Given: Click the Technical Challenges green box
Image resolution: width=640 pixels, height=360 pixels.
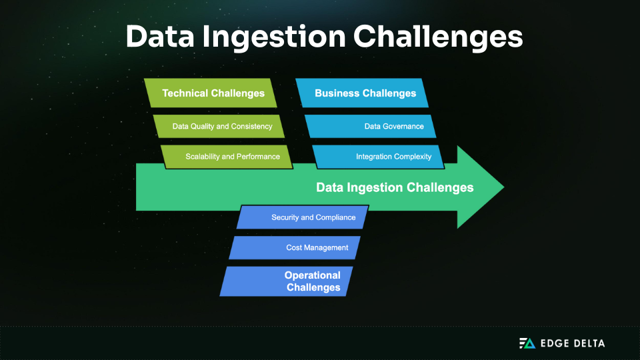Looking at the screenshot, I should pos(213,93).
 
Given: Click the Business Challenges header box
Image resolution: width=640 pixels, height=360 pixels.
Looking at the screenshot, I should pos(365,93).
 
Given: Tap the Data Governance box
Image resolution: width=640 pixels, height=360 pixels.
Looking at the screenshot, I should pos(370,126).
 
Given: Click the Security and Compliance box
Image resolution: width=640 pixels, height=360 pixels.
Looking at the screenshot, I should pos(303,217).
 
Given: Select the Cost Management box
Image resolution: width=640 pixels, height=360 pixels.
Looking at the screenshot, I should pos(295,248).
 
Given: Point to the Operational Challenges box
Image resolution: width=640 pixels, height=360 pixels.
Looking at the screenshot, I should pos(287,281).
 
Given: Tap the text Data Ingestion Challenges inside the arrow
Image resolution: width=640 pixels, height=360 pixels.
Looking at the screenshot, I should pos(395,187).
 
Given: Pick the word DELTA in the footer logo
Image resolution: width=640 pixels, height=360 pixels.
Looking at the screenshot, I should pos(589,343).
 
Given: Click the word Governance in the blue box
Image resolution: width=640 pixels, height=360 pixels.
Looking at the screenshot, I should pos(403,126).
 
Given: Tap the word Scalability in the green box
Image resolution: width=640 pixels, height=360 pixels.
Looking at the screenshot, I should pos(203,157).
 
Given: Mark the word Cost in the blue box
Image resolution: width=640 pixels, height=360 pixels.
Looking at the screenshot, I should pos(294,248).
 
